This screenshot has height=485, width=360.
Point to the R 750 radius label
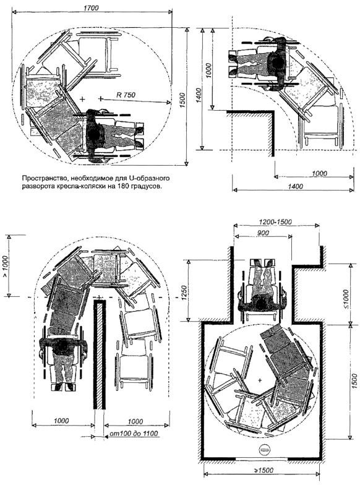coord(126,95)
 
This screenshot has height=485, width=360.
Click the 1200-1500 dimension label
coord(276,221)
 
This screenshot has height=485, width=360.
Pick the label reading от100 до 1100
coord(134,434)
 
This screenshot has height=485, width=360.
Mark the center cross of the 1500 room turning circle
coord(260,380)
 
